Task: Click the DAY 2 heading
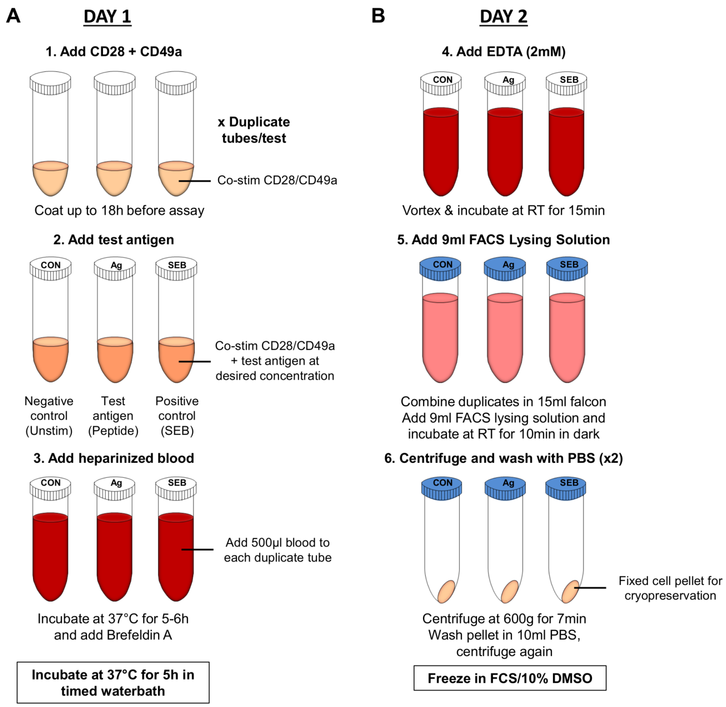(x=503, y=17)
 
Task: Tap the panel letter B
(x=378, y=16)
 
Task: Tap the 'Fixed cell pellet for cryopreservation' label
(x=670, y=588)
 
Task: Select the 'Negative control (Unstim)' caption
(x=49, y=416)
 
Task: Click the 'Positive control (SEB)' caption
(x=177, y=416)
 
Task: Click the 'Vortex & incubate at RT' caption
(x=503, y=211)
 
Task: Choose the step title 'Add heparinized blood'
(x=114, y=458)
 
